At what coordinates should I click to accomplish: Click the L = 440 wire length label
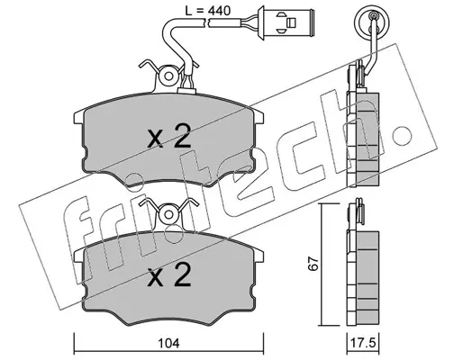[207, 11]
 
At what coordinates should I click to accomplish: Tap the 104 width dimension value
[168, 344]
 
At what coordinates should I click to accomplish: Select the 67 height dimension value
[313, 265]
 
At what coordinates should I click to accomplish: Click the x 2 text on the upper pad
[169, 137]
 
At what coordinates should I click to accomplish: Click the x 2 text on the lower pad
[169, 274]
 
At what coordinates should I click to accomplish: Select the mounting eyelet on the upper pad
[168, 76]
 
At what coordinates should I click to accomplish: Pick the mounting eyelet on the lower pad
[168, 215]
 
